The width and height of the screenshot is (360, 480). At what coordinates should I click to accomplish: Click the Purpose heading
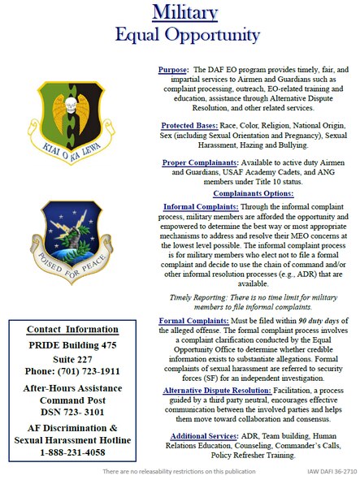pyautogui.click(x=174, y=70)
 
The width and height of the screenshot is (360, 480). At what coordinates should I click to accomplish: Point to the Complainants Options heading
pyautogui.click(x=254, y=193)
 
